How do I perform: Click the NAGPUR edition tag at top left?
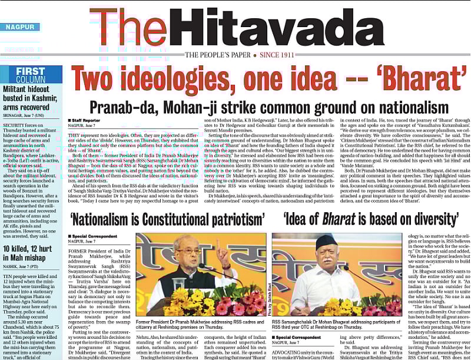click(x=20, y=27)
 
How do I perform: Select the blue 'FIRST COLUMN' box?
click(x=31, y=75)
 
